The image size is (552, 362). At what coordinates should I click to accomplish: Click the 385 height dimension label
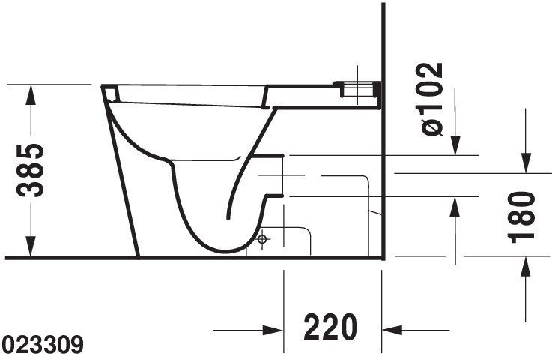click(x=30, y=170)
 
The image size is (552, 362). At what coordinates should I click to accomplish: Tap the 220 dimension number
click(x=330, y=327)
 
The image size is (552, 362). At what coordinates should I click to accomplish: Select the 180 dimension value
click(x=521, y=217)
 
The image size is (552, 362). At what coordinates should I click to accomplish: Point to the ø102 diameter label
click(x=431, y=99)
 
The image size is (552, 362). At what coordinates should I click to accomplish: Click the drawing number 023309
click(x=42, y=345)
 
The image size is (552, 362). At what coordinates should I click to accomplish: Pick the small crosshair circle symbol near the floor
click(x=262, y=239)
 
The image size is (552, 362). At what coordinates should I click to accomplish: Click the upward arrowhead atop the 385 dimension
click(x=31, y=95)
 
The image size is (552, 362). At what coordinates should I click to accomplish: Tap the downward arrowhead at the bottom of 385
click(x=31, y=247)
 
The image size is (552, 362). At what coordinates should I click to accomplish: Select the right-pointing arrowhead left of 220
click(x=273, y=331)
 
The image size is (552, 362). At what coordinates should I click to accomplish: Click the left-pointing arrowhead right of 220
click(x=392, y=331)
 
